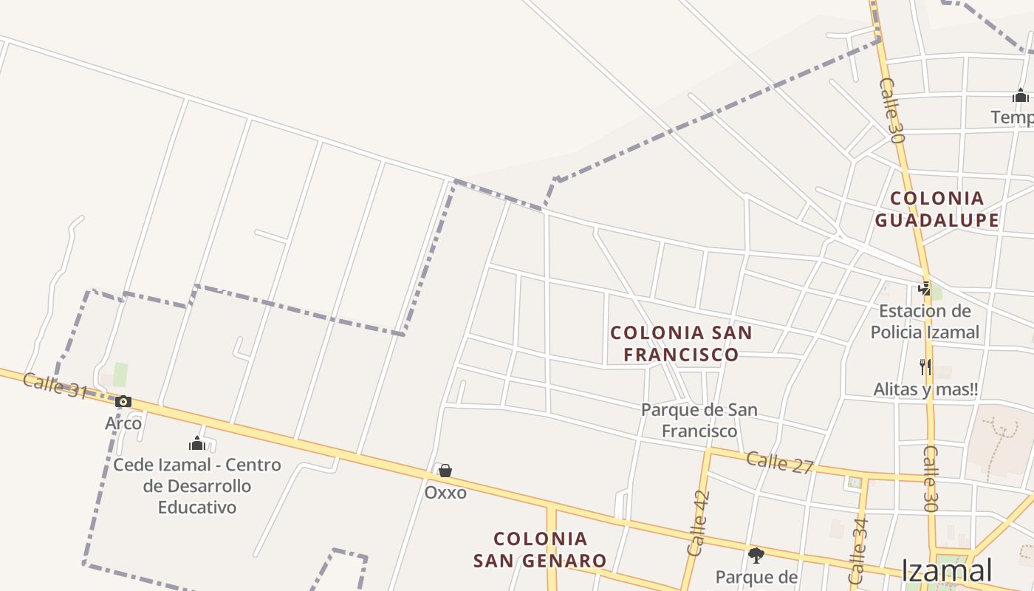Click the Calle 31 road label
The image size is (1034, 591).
(x=55, y=385)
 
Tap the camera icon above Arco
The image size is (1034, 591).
(x=123, y=402)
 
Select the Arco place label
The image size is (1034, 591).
(x=123, y=423)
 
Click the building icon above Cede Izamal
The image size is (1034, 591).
(x=197, y=443)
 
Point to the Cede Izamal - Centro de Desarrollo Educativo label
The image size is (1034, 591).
(x=196, y=486)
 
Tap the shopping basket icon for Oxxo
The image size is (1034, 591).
(x=445, y=471)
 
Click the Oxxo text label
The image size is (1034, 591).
(x=445, y=492)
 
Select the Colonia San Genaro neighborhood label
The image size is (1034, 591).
(x=540, y=550)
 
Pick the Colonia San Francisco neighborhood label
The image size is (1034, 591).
(x=681, y=344)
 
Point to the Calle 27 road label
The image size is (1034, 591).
(x=779, y=462)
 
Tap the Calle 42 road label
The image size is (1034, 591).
(x=698, y=523)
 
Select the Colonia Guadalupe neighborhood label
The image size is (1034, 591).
(x=937, y=209)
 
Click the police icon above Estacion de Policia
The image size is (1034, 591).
(x=924, y=289)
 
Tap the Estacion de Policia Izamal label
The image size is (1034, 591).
(x=925, y=321)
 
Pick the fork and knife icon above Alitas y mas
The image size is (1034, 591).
(x=925, y=366)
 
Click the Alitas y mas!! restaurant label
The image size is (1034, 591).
(x=925, y=389)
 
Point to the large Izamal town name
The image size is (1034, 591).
(x=946, y=570)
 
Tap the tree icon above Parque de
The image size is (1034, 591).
(x=756, y=555)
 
